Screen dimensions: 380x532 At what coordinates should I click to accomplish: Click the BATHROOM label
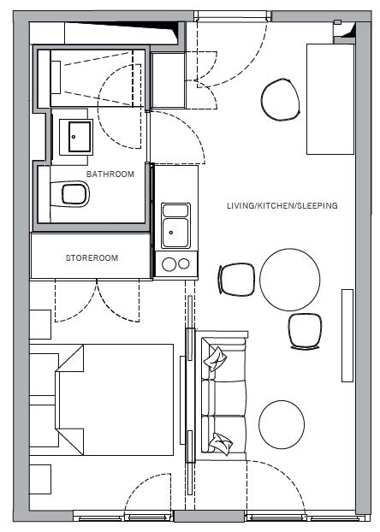point(110,174)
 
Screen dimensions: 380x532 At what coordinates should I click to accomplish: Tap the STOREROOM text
point(92,257)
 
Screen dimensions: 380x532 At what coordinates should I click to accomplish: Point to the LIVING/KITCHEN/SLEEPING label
point(282,205)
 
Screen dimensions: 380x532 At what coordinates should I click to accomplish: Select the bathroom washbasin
point(75,137)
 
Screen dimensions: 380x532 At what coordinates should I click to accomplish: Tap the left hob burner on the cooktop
point(169,264)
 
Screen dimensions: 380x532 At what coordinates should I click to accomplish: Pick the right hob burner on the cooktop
point(184,263)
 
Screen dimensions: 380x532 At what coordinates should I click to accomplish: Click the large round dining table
point(289,280)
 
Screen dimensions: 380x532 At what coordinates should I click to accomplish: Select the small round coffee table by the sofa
point(282,423)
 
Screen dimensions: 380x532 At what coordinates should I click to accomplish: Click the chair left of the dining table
point(236,280)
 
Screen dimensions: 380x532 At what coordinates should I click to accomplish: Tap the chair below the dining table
point(305,331)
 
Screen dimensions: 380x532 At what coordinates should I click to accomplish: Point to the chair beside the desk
point(281,99)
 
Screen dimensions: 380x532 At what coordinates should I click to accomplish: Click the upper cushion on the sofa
point(215,358)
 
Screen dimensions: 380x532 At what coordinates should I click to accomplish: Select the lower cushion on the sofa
point(221,443)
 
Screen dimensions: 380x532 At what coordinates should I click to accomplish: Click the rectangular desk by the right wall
point(330,99)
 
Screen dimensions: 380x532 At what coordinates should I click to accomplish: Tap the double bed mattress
point(116,399)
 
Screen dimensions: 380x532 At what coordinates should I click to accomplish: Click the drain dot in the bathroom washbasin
point(74,137)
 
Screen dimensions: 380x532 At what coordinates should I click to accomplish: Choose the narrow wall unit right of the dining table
point(347,335)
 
